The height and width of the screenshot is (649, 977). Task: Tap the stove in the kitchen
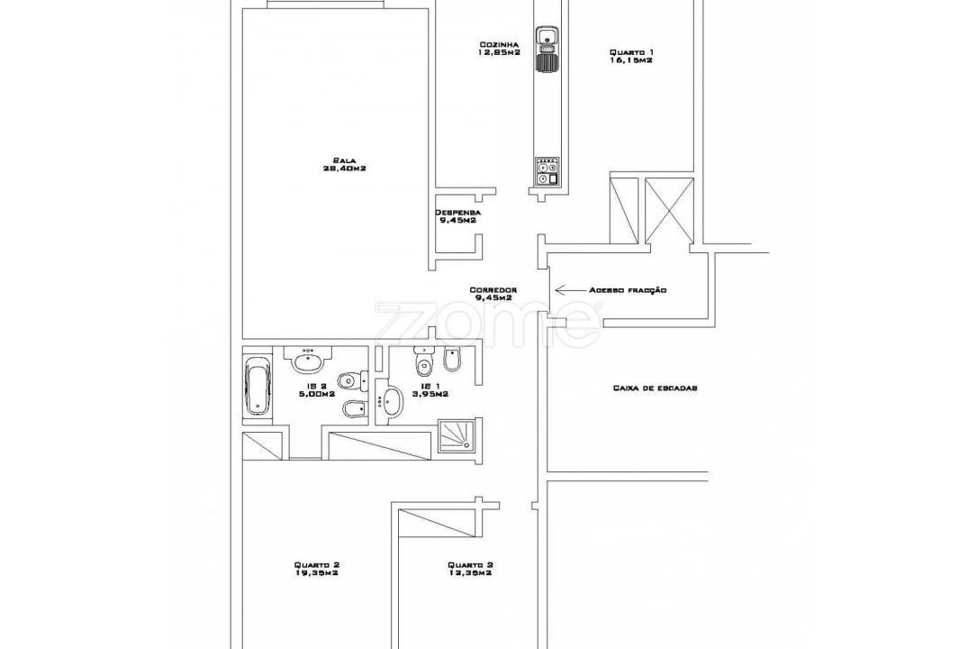[x=547, y=170]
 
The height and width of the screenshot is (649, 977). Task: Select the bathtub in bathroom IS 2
[x=258, y=386]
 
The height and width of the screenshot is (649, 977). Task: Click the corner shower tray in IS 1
[x=458, y=434]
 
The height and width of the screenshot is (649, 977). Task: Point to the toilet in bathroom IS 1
[x=423, y=361]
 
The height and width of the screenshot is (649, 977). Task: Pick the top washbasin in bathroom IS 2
[x=307, y=361]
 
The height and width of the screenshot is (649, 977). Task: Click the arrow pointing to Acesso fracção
[x=567, y=290]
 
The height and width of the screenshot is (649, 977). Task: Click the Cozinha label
[x=499, y=44]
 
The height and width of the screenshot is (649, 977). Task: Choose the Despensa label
[x=457, y=213]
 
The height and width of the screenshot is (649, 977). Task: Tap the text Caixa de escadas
[x=655, y=388]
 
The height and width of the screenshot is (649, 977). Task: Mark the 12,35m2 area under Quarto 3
[x=469, y=573]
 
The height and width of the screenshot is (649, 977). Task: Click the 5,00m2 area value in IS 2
[x=316, y=394]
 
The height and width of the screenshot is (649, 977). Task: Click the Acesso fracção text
[x=628, y=290]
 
